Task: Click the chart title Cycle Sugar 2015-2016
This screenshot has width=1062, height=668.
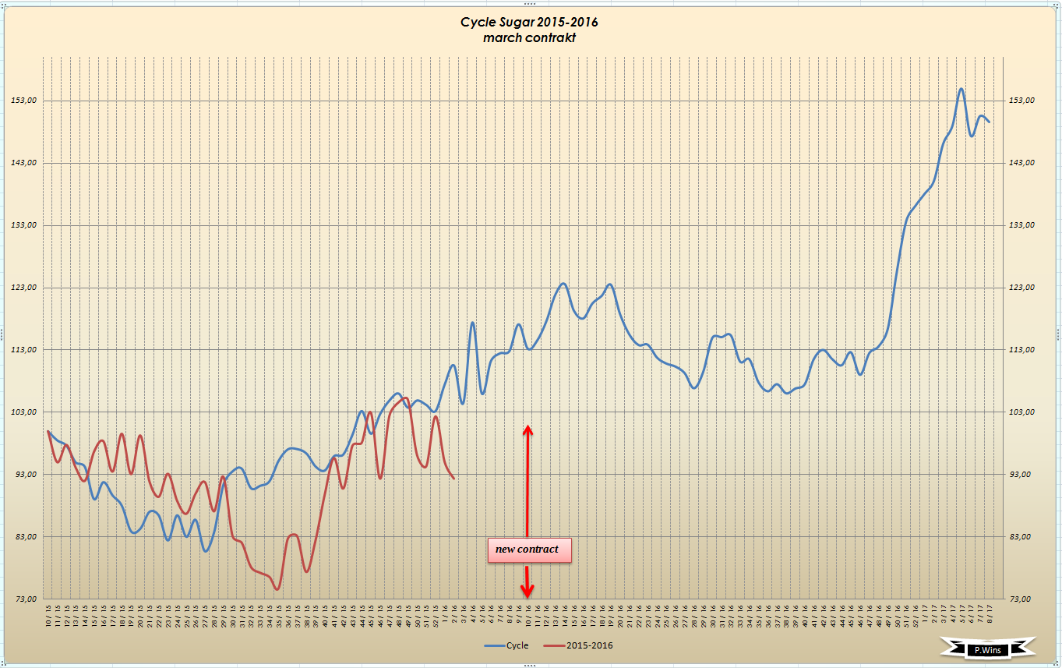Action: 529,22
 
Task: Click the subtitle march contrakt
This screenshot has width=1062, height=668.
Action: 529,37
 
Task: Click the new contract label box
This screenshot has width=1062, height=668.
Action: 528,550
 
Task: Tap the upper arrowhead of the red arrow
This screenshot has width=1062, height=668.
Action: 527,429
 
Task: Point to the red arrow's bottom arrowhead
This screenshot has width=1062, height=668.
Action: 527,593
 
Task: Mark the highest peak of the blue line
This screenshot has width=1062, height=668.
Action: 961,89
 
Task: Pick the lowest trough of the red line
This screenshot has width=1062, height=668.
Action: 277,589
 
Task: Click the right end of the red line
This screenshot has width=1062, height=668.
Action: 453,478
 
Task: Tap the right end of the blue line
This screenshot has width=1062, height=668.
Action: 989,122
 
